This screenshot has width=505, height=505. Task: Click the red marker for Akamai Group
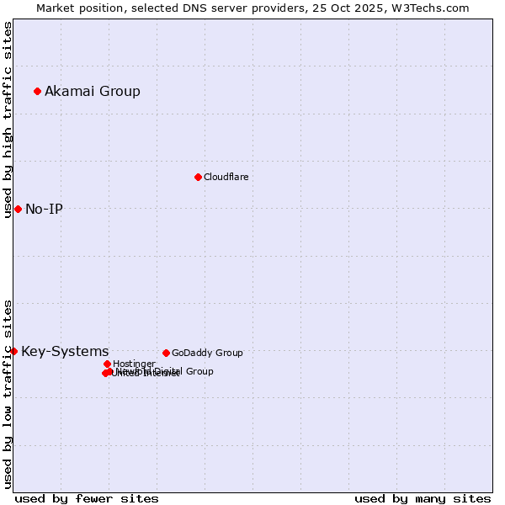click(x=37, y=91)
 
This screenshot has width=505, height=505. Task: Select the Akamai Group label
click(x=93, y=91)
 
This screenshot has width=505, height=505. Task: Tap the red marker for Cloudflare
click(x=198, y=177)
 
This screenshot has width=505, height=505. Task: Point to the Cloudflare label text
click(x=226, y=177)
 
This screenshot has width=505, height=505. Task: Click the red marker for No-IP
click(x=18, y=209)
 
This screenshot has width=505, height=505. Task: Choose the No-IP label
click(x=44, y=209)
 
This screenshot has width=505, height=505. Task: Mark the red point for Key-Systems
click(x=13, y=351)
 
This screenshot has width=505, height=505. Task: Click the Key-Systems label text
click(x=65, y=351)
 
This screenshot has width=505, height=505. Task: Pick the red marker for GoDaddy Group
click(x=166, y=353)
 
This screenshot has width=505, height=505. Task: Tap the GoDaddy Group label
click(x=207, y=353)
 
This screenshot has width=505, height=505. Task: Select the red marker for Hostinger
click(x=107, y=364)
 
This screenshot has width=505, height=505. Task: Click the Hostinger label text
click(x=134, y=364)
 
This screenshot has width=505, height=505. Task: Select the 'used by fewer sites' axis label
click(x=87, y=498)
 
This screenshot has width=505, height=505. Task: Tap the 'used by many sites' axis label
click(x=423, y=498)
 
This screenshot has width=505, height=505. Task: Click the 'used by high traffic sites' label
click(x=8, y=120)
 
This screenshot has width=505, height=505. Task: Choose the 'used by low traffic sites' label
click(x=8, y=394)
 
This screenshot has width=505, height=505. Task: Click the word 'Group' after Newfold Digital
click(x=199, y=371)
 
